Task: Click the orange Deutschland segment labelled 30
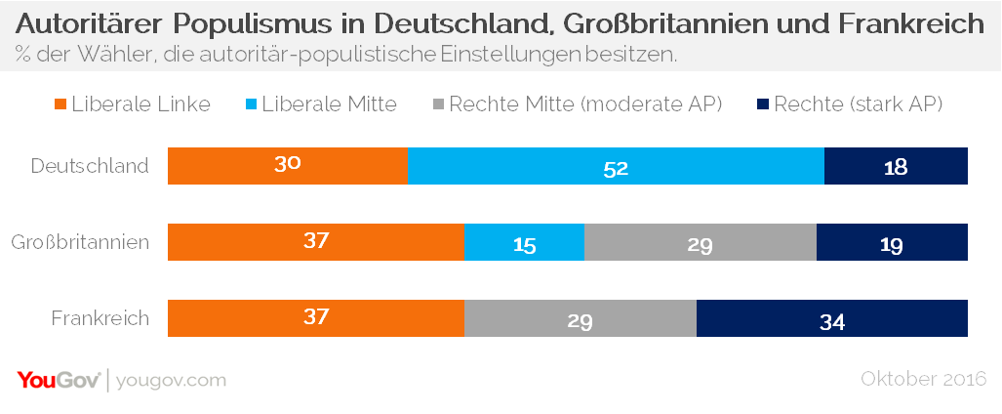[x=287, y=166]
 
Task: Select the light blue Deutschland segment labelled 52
[x=615, y=166]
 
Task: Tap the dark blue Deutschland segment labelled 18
[x=896, y=166]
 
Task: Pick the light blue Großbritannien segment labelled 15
[x=524, y=242]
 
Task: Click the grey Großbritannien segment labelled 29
[x=700, y=242]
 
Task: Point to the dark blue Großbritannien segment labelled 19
[x=892, y=242]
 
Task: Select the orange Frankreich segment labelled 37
[x=315, y=318]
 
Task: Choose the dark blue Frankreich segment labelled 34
[x=831, y=318]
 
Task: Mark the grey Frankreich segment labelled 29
[x=580, y=318]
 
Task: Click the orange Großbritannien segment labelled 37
[x=315, y=242]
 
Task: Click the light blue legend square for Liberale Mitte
[x=253, y=103]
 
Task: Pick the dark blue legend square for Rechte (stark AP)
[x=763, y=103]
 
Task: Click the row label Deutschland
[x=90, y=166]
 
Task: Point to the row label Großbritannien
[x=80, y=242]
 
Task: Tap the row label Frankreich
[x=100, y=318]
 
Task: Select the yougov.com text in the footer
[x=172, y=380]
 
